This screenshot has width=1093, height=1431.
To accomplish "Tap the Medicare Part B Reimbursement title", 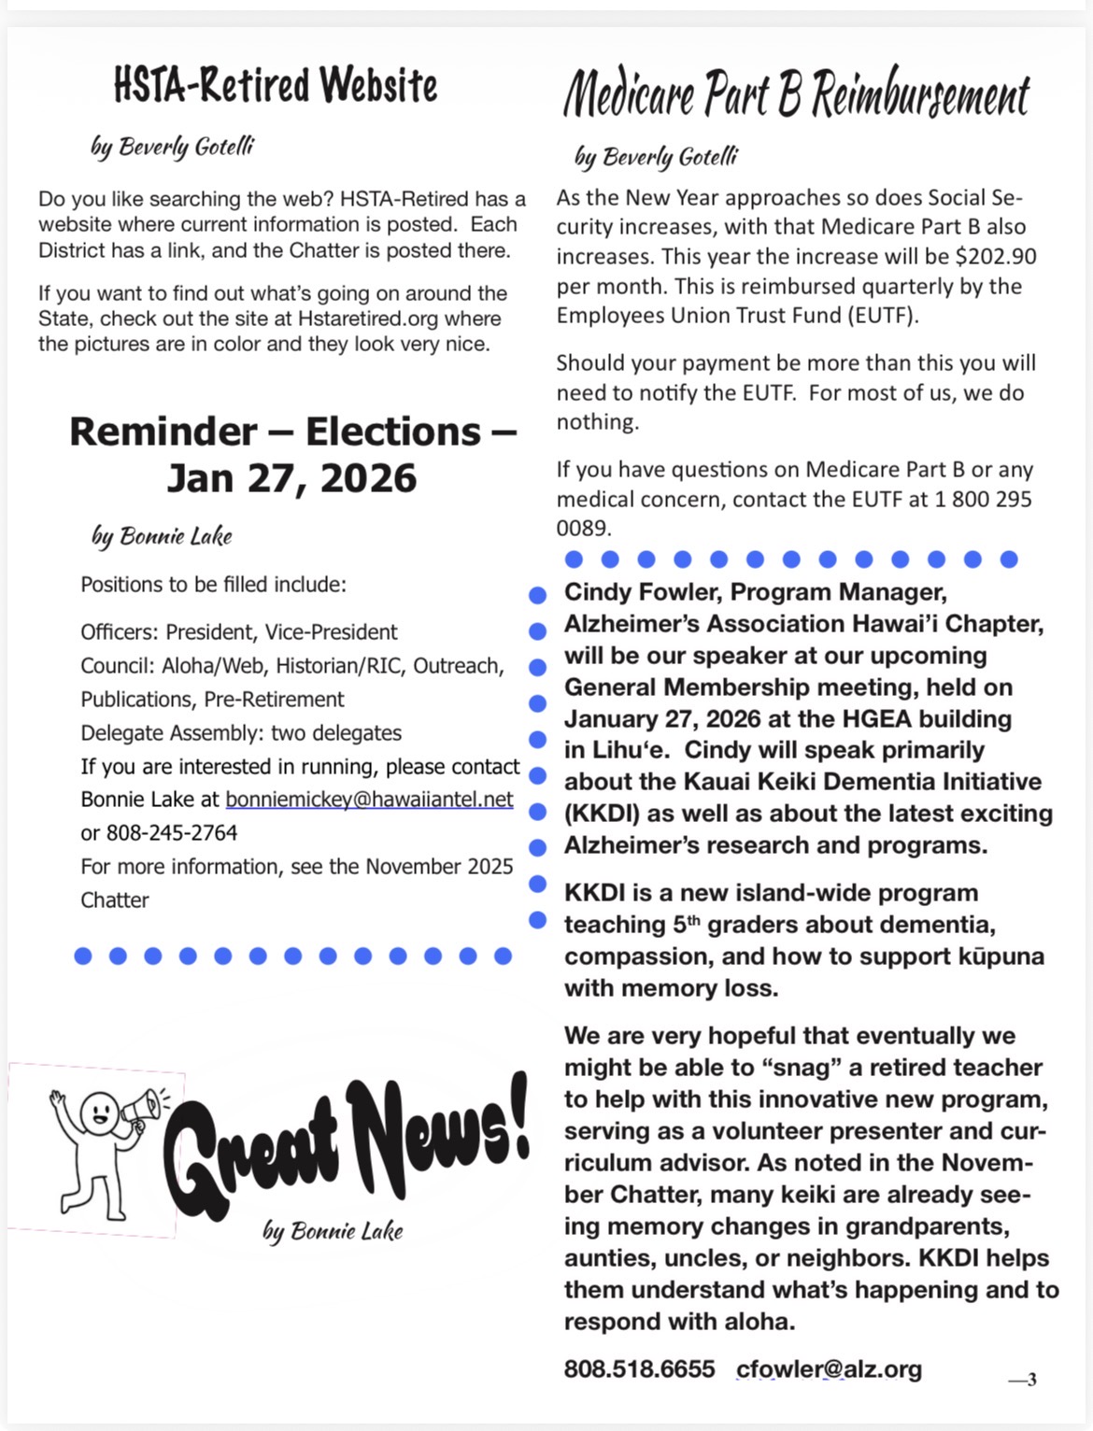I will click(x=796, y=94).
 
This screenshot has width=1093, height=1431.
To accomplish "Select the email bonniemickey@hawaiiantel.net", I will click(x=369, y=800).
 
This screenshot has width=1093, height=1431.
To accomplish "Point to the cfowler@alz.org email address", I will click(x=829, y=1369).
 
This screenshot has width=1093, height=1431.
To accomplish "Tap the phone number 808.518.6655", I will click(x=639, y=1369).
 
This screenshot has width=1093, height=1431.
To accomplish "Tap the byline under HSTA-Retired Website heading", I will click(x=172, y=147).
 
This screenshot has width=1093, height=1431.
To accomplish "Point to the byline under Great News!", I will click(x=333, y=1231).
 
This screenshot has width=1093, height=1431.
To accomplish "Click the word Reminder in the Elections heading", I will click(x=163, y=432).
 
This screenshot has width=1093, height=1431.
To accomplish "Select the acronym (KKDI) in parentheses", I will click(x=603, y=814).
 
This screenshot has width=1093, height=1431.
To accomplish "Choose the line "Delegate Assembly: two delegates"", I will click(x=241, y=733).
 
